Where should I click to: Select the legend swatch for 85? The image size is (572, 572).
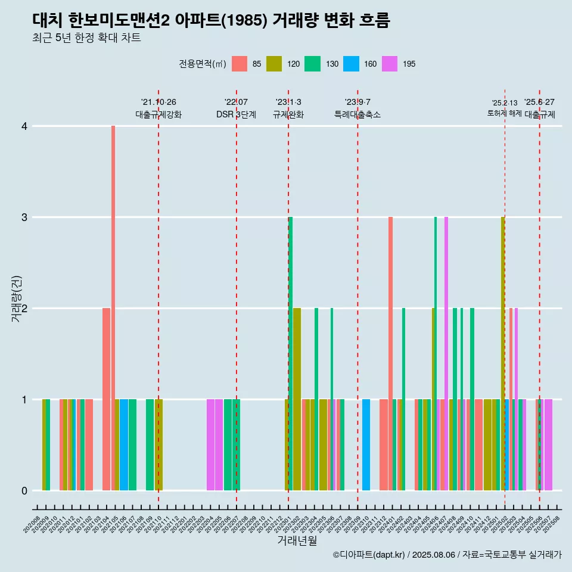coord(239,64)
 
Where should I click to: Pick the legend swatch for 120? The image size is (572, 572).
coord(274,64)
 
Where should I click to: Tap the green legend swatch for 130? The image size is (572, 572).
coord(312,64)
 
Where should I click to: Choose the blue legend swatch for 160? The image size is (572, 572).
coord(351,64)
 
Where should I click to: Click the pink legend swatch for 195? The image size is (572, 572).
coord(389,64)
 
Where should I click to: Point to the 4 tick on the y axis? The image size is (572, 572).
coord(24,126)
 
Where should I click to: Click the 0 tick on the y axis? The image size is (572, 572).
coord(24,491)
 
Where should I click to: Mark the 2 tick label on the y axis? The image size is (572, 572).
coord(24,309)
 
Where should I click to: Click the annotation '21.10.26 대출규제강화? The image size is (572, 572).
coord(158,108)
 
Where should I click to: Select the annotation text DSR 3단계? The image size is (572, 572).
coord(236,115)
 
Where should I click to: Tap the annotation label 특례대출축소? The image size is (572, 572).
coord(357,115)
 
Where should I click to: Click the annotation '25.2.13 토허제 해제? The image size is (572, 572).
coord(505,108)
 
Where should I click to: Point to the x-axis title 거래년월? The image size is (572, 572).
coord(297,541)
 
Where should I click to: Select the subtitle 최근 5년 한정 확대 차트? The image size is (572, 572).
coord(86,39)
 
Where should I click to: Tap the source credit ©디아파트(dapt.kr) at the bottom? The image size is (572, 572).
coord(447,555)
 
